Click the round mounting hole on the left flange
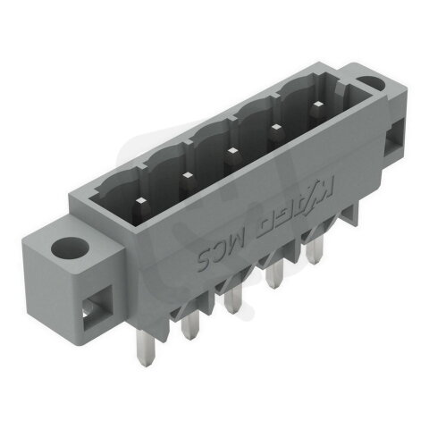pos(69,247)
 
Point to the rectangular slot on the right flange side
pos(394,136)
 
